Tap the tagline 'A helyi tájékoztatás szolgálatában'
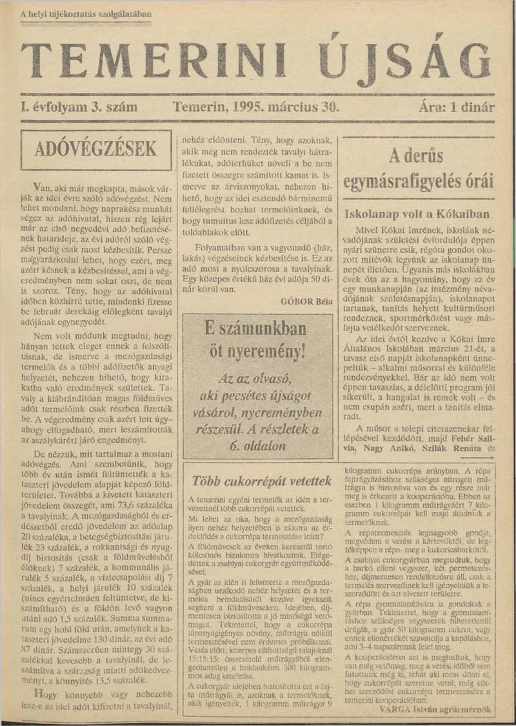coord(86,14)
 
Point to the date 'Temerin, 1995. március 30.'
coord(255,107)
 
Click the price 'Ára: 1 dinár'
coord(456,107)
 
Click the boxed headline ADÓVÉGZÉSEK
coord(95,150)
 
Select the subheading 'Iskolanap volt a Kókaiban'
coord(417,214)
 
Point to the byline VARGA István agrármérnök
coord(435,709)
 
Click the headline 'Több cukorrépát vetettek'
coord(263,481)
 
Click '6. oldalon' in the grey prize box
coord(257,445)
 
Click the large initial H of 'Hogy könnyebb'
coord(38,694)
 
